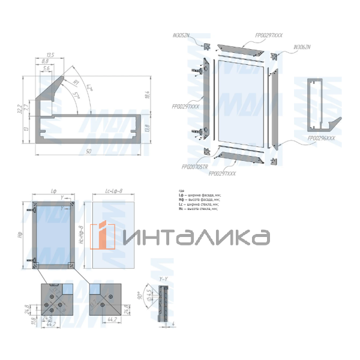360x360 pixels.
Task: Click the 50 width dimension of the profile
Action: point(88,152)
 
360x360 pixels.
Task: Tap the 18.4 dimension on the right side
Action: point(146,94)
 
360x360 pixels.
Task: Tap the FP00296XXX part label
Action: point(320,139)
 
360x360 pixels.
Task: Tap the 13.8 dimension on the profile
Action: point(146,127)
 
